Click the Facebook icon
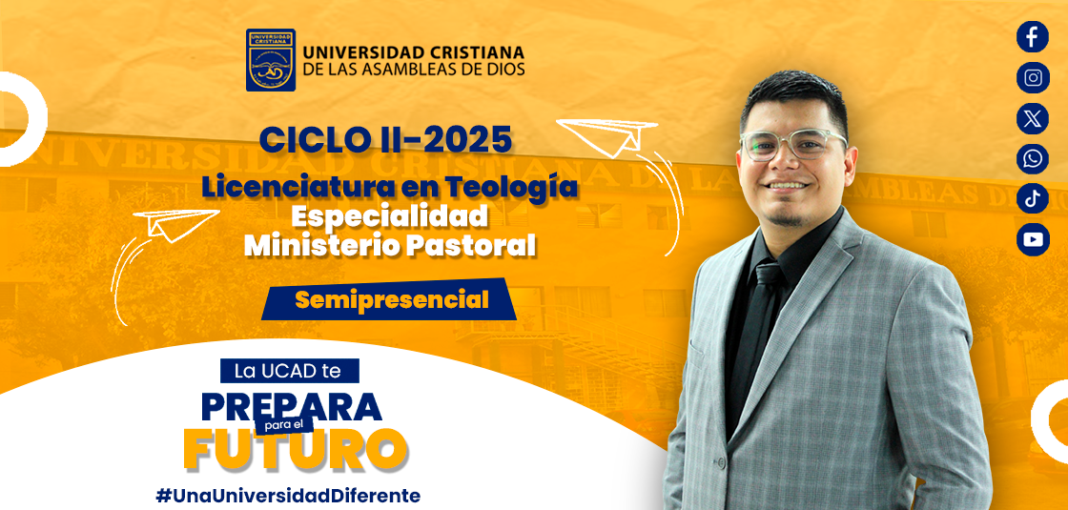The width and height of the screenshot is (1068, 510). pyautogui.click(x=1033, y=37)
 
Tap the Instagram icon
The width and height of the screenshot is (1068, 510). pyautogui.click(x=1033, y=77)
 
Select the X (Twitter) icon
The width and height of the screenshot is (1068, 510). pyautogui.click(x=1033, y=118)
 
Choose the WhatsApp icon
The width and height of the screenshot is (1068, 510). pyautogui.click(x=1033, y=158)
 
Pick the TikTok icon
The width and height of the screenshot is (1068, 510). pyautogui.click(x=1033, y=199)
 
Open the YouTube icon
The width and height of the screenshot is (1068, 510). pyautogui.click(x=1033, y=239)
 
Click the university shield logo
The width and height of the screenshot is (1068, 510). pyautogui.click(x=271, y=60)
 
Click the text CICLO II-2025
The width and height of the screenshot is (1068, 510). pyautogui.click(x=385, y=141)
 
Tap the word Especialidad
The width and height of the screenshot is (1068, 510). pyautogui.click(x=390, y=217)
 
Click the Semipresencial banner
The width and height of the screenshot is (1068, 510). pyautogui.click(x=389, y=299)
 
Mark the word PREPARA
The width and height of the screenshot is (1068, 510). pyautogui.click(x=292, y=406)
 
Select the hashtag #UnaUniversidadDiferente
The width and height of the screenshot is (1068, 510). pyautogui.click(x=287, y=495)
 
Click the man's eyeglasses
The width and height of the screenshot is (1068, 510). pyautogui.click(x=792, y=144)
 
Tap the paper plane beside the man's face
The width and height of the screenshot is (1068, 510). pyautogui.click(x=607, y=134)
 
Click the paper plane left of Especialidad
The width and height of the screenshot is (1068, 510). pyautogui.click(x=175, y=224)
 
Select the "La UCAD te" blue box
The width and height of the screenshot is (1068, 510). pyautogui.click(x=289, y=371)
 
